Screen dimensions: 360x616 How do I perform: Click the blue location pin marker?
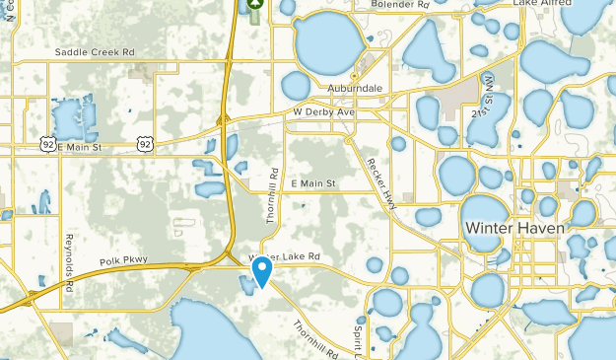tap(262, 271)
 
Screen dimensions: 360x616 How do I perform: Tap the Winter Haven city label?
tap(514, 228)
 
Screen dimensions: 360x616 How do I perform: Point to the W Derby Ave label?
tap(323, 113)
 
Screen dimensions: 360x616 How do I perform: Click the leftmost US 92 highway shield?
tap(47, 144)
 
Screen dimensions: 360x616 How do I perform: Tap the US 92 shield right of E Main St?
tap(145, 144)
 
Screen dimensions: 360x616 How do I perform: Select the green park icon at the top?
tap(255, 5)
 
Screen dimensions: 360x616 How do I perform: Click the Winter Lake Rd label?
tap(286, 256)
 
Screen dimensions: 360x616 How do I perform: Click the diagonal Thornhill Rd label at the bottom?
tap(316, 338)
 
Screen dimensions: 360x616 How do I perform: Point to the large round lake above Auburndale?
tap(329, 39)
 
